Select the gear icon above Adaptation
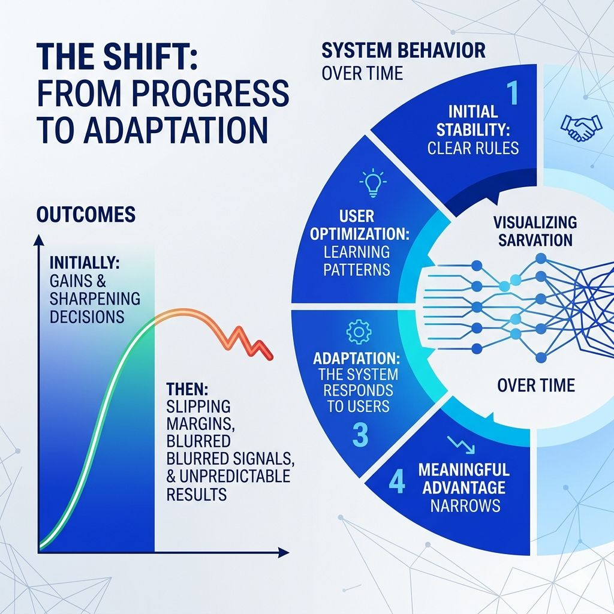tap(359, 332)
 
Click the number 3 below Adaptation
tap(359, 436)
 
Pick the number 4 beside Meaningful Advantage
tap(396, 483)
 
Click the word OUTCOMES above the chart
tap(86, 214)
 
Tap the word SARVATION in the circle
tap(534, 240)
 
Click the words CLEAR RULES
tap(473, 148)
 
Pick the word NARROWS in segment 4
tap(465, 505)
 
